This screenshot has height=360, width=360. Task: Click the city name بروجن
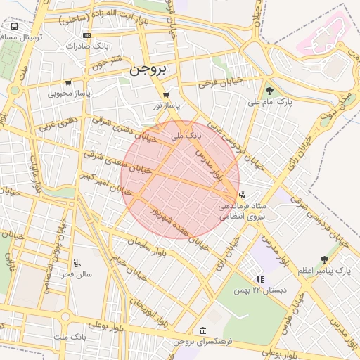click(148, 70)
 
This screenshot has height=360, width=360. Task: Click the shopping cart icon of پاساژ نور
click(166, 95)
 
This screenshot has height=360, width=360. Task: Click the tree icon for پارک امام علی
click(269, 91)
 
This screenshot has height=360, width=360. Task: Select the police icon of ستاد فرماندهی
click(243, 195)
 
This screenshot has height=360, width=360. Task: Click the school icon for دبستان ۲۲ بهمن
click(261, 279)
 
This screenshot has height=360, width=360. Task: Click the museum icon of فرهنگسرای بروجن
click(202, 331)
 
